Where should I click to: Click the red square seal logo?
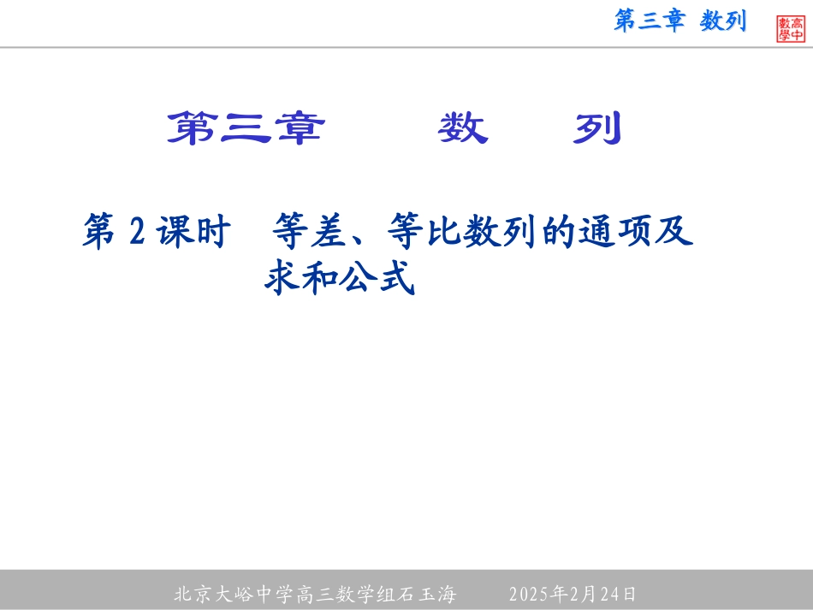(791, 28)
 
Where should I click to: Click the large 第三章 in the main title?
(246, 129)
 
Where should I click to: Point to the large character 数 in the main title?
(463, 129)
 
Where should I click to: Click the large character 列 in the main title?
(596, 129)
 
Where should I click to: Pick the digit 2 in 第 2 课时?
(137, 232)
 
